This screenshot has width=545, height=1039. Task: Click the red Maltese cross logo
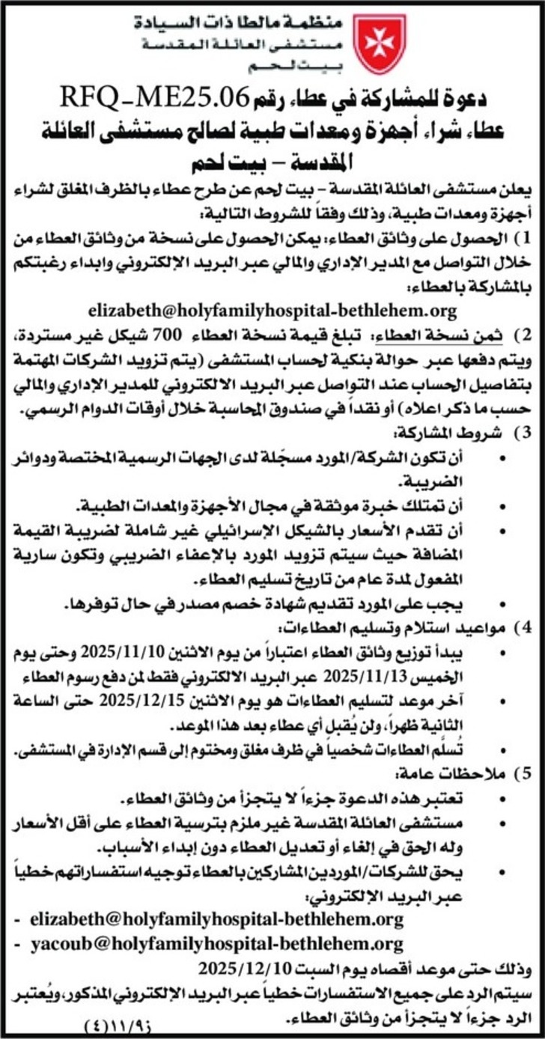coord(380,43)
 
